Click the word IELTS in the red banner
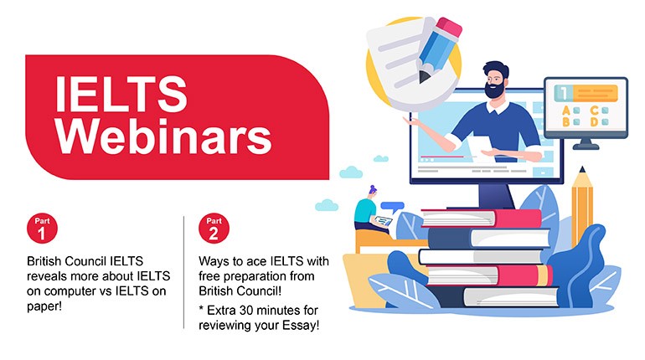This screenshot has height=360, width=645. [x=121, y=94]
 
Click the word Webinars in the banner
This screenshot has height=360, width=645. [x=163, y=136]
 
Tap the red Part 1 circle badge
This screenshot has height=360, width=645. [x=42, y=228]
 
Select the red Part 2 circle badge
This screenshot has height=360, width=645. [x=214, y=228]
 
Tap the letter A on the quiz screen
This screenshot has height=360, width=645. [x=566, y=111]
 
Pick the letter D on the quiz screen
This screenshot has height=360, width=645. [x=595, y=122]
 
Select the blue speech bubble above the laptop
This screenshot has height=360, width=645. [x=392, y=207]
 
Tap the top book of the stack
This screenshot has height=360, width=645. [x=482, y=219]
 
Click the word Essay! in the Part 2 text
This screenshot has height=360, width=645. [x=301, y=326]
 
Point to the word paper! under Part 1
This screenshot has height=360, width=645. [x=44, y=306]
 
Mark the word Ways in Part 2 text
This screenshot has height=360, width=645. [x=214, y=261]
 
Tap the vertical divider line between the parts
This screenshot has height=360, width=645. [x=184, y=272]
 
